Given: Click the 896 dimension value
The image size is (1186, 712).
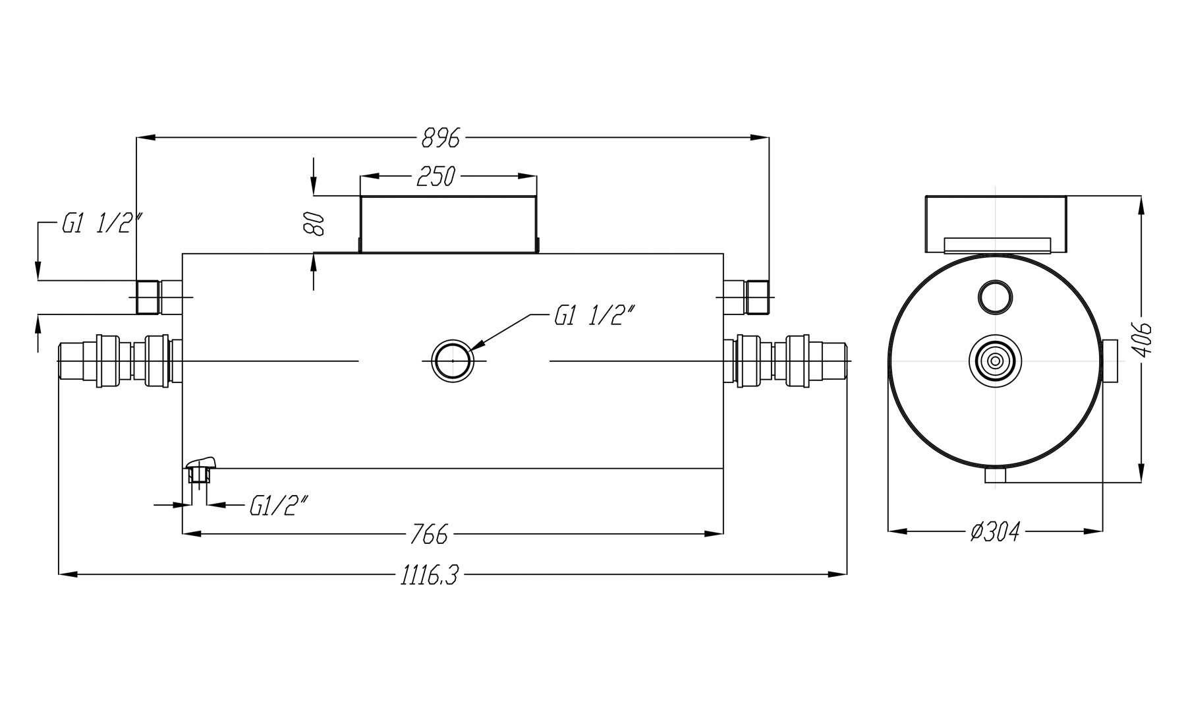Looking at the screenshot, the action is pyautogui.click(x=440, y=138).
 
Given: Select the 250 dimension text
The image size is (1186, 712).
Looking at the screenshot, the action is pyautogui.click(x=436, y=177).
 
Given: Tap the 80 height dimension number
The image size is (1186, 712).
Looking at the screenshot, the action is pyautogui.click(x=314, y=223).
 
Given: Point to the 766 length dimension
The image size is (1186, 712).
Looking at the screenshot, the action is pyautogui.click(x=428, y=534).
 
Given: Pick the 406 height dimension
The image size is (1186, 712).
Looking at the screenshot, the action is pyautogui.click(x=1144, y=339).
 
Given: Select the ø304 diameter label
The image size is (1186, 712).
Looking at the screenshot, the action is pyautogui.click(x=996, y=531).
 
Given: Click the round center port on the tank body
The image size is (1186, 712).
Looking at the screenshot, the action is pyautogui.click(x=453, y=361).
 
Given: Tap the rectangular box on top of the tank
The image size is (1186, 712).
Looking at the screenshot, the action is pyautogui.click(x=448, y=224).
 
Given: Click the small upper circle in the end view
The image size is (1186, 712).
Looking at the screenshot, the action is pyautogui.click(x=995, y=297).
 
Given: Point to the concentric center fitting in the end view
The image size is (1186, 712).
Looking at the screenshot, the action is pyautogui.click(x=995, y=361).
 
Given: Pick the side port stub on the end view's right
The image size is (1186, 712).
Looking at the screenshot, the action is pyautogui.click(x=1110, y=361).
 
